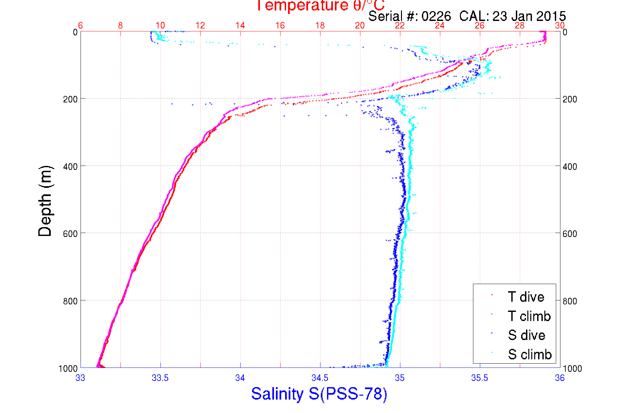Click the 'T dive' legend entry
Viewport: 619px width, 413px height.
click(x=526, y=297)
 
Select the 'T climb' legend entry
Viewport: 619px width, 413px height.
click(x=529, y=316)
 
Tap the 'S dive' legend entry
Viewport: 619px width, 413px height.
click(x=526, y=335)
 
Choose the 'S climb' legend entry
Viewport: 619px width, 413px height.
click(x=530, y=354)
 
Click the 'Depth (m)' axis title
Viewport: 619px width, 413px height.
click(x=45, y=201)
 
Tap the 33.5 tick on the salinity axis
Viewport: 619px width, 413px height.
click(x=160, y=378)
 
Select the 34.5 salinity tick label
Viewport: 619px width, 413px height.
click(x=320, y=378)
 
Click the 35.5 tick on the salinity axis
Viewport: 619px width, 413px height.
click(x=480, y=378)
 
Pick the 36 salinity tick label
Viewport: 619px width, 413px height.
click(x=559, y=378)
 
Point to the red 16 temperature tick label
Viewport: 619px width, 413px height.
click(x=280, y=26)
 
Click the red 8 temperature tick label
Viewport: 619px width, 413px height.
click(x=120, y=26)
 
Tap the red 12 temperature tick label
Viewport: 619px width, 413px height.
click(x=200, y=26)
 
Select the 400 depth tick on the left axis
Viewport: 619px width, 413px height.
click(x=70, y=167)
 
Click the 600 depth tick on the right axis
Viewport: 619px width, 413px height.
click(x=570, y=234)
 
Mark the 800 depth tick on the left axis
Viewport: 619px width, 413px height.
click(x=70, y=301)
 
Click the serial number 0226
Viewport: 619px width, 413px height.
click(x=436, y=16)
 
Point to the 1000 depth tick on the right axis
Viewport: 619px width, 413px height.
click(x=572, y=368)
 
